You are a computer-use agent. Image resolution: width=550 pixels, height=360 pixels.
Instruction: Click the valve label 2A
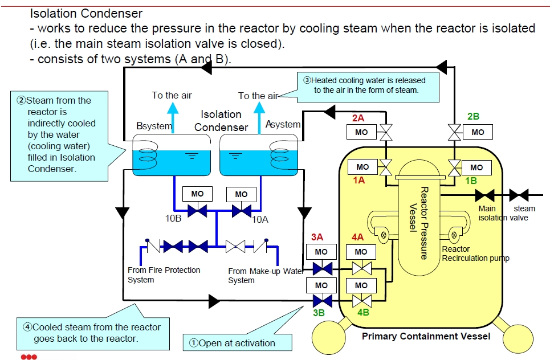point(358,118)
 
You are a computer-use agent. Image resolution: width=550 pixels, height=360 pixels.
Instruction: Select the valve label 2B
point(473,117)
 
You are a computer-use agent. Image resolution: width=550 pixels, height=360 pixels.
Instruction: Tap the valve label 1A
point(358,179)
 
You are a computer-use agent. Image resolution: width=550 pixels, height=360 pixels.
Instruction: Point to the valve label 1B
point(471,180)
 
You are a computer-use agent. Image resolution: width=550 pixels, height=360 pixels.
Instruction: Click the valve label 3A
point(317,236)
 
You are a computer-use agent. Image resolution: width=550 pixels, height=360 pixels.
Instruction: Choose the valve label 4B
point(363,312)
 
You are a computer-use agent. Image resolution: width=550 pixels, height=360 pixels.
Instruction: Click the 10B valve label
point(169,218)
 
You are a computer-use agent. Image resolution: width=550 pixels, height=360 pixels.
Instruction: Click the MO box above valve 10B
point(197,194)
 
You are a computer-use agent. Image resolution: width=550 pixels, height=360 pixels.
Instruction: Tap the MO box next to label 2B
point(478,132)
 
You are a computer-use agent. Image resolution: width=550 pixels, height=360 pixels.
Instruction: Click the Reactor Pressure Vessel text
point(418,222)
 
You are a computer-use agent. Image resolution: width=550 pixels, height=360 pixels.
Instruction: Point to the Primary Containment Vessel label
point(426,336)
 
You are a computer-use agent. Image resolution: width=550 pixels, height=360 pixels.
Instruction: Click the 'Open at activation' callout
point(237,343)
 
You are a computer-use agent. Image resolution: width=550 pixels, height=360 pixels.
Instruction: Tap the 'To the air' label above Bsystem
point(172,95)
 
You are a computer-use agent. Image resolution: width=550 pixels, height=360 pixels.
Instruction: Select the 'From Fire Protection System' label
point(164,275)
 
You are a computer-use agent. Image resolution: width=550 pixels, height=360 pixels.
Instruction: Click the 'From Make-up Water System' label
point(265,276)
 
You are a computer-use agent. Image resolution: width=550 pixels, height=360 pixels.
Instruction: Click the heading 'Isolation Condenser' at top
point(86,13)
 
